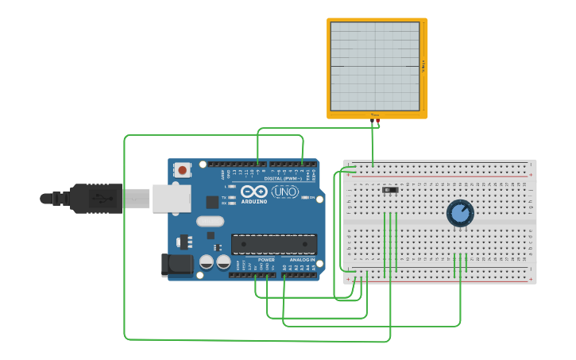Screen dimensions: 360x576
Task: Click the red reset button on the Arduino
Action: pos(183,170)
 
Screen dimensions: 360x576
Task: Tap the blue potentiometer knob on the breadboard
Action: pos(460,213)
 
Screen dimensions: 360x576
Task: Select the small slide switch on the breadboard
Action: pos(389,191)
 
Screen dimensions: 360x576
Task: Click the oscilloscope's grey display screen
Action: pos(374,66)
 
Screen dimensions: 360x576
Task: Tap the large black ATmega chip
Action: pos(273,245)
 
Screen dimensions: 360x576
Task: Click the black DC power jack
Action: pos(176,265)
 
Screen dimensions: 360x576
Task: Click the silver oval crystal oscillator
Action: pos(210,222)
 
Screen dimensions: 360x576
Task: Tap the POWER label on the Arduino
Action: pos(266,260)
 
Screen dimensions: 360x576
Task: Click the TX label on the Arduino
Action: pos(224,196)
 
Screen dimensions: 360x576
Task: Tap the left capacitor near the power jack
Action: pos(207,261)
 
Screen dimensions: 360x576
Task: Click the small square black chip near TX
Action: pos(212,202)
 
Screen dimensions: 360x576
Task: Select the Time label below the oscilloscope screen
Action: pos(375,114)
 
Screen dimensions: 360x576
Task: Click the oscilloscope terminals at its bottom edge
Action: pos(376,120)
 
